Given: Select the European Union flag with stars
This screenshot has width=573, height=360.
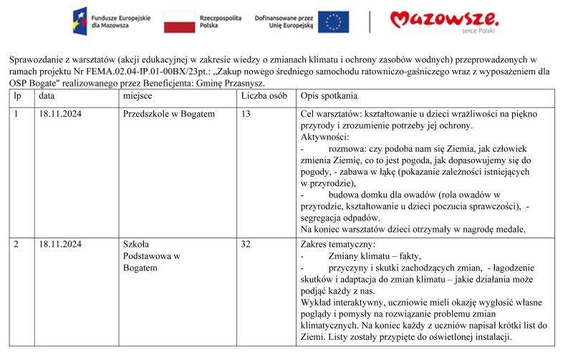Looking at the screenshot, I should [x=333, y=21].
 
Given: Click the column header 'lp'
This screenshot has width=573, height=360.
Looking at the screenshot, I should [x=17, y=95].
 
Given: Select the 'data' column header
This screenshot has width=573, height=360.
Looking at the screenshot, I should [x=47, y=95].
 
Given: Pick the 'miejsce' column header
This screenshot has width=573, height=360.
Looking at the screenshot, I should [x=138, y=95].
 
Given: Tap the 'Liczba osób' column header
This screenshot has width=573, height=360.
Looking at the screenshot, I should [x=264, y=95].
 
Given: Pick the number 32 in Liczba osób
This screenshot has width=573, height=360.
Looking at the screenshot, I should [x=246, y=244].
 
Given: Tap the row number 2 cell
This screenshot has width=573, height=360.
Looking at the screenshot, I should [x=16, y=244].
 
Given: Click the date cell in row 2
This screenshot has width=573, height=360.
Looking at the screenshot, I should [x=60, y=244].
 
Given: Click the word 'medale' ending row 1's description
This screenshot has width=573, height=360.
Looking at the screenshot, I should [x=510, y=230].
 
